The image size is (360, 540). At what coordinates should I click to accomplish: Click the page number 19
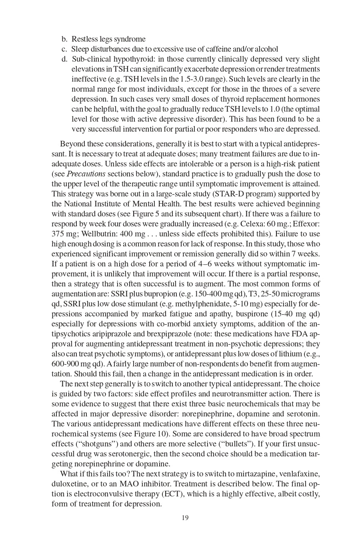pyautogui.click(x=185, y=518)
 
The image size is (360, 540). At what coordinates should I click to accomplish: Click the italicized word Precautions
pyautogui.click(x=86, y=174)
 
